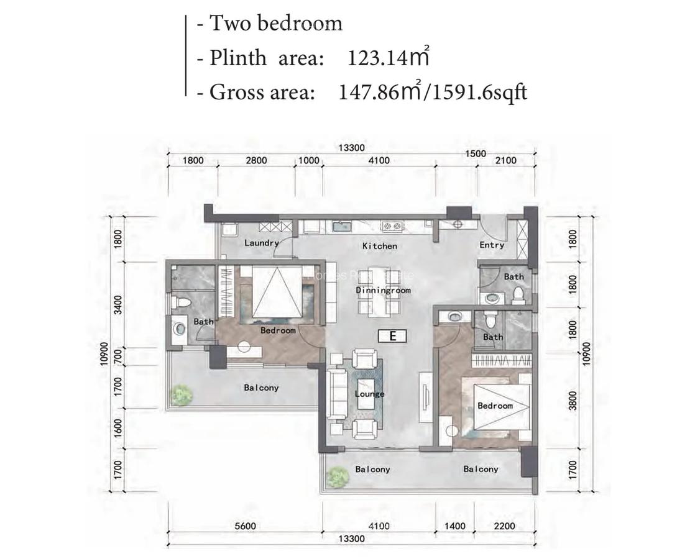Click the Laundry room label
tap(261, 243)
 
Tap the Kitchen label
tap(379, 246)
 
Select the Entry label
tap(491, 245)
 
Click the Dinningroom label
tap(383, 290)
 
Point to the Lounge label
tap(369, 394)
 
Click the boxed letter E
tap(392, 336)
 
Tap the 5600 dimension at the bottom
tap(246, 526)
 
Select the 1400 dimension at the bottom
tap(456, 526)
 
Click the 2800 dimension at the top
tap(255, 160)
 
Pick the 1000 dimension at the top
tap(308, 160)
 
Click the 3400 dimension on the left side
tap(118, 305)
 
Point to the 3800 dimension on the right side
tap(573, 401)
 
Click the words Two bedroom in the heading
tap(275, 24)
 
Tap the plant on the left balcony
tap(181, 394)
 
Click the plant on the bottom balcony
tap(338, 476)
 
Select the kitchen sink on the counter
tap(341, 227)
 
